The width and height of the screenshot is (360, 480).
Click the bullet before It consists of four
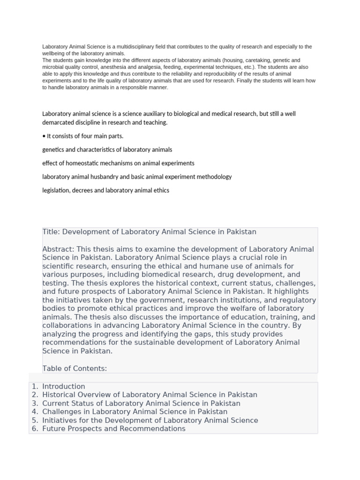pos(44,136)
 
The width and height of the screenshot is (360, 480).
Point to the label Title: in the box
pos(51,232)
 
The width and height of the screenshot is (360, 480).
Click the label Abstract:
pos(58,249)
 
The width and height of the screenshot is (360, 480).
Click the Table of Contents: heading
pos(75,368)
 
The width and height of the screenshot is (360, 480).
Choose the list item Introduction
pos(64,387)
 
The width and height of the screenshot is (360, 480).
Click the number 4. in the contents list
pos(35,412)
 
